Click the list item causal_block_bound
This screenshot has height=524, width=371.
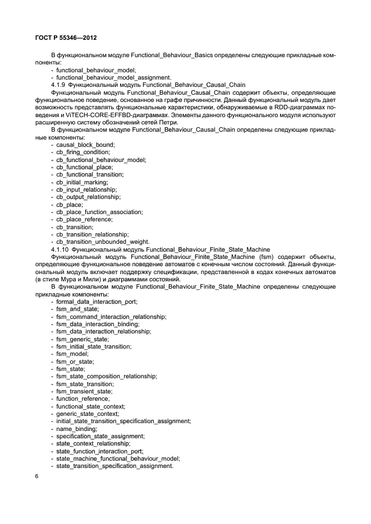[85, 145]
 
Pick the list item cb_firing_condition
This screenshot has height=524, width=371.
[83, 152]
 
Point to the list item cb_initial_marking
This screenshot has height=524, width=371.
[82, 182]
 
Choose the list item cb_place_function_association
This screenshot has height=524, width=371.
[99, 212]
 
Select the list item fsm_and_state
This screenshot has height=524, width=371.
[77, 309]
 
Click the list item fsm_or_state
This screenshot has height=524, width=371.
[75, 361]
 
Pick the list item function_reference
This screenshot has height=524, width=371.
[83, 398]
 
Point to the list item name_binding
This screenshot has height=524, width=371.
[76, 429]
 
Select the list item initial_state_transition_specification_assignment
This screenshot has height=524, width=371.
[123, 421]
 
